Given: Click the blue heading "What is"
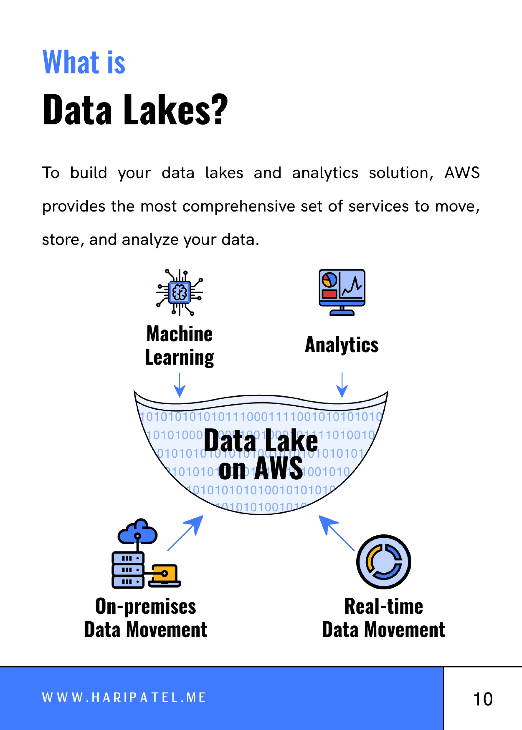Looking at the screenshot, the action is [84, 62].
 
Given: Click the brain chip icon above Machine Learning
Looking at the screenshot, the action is [179, 292].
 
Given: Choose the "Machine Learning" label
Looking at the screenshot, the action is [179, 346].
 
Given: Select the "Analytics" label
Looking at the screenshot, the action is [342, 345].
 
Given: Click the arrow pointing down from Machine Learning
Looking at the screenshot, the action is [179, 385].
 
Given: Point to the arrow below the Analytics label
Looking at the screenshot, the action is [342, 385].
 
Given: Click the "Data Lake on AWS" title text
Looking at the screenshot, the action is [261, 454].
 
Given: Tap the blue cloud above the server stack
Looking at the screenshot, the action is [138, 532].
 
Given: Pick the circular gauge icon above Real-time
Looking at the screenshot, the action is [383, 562].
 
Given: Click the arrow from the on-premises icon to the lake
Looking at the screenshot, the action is [186, 533].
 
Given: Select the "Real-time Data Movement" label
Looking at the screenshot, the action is [383, 618].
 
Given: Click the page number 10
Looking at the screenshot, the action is [483, 699].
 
